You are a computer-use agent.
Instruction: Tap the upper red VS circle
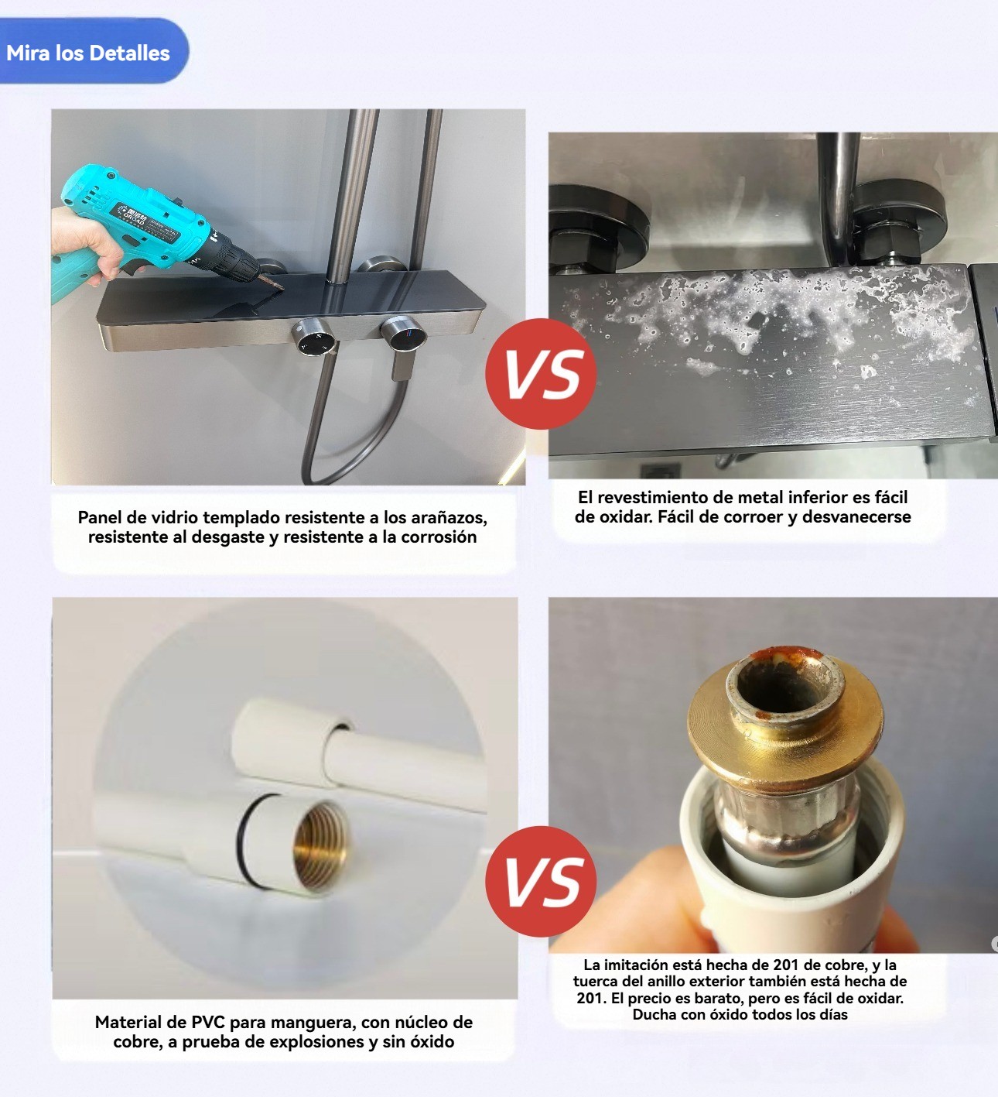[541, 373]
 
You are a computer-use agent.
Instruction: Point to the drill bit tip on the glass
[282, 289]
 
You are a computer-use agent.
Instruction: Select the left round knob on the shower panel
[314, 336]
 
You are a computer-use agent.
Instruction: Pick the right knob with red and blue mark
[403, 334]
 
